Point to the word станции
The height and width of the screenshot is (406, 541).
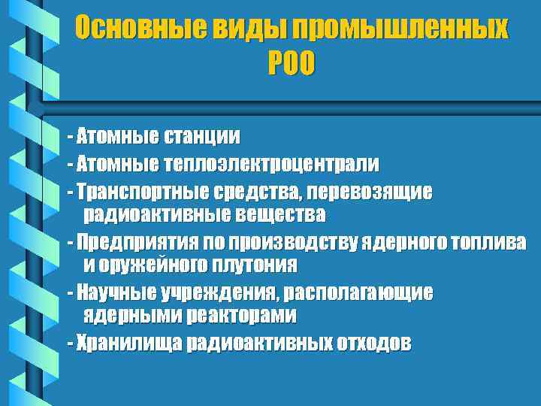[201, 137]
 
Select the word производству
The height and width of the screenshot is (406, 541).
[298, 242]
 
